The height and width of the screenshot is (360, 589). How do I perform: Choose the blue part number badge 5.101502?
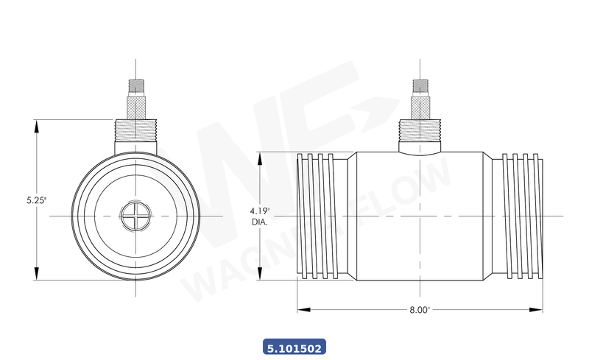click(294, 346)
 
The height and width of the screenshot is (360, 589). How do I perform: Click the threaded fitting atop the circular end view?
click(136, 137)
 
